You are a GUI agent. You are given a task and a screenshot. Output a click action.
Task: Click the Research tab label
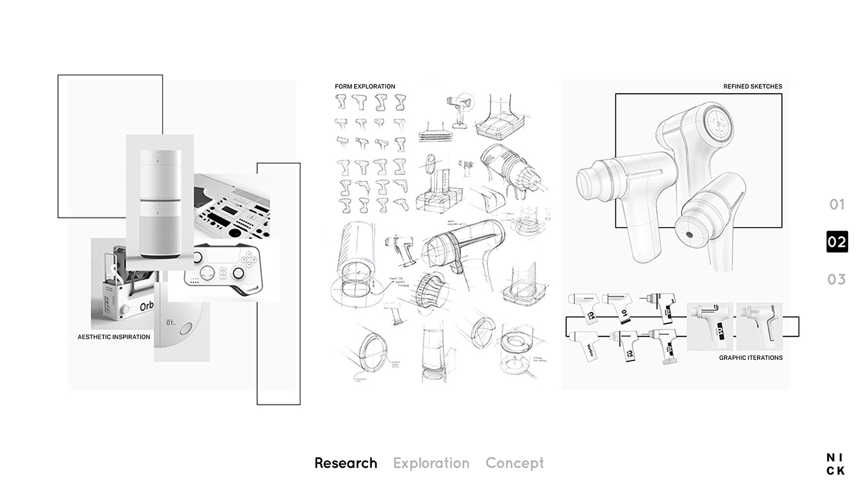point(345,463)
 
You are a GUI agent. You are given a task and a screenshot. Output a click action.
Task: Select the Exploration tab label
point(431,463)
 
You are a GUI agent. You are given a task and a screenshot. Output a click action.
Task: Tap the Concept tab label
point(514,463)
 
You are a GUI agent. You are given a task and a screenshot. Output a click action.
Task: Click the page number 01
point(836,205)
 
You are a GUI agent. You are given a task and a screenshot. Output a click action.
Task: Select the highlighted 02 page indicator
point(837,242)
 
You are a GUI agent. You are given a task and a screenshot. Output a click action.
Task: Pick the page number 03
point(836,280)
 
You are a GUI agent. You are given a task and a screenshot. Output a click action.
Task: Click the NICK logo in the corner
point(835,464)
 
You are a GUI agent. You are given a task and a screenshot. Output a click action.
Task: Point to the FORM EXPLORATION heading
point(365,86)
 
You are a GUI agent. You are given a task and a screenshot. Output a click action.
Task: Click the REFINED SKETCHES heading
point(752,86)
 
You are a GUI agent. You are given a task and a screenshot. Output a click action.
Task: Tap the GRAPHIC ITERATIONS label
point(750,358)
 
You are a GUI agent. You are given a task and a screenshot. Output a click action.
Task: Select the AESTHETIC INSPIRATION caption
point(114,337)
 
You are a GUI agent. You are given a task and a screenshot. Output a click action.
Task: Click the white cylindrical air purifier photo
point(160,202)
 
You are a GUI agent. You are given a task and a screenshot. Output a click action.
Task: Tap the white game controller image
point(223,269)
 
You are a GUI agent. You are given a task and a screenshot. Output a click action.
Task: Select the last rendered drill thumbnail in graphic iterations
point(759,326)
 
